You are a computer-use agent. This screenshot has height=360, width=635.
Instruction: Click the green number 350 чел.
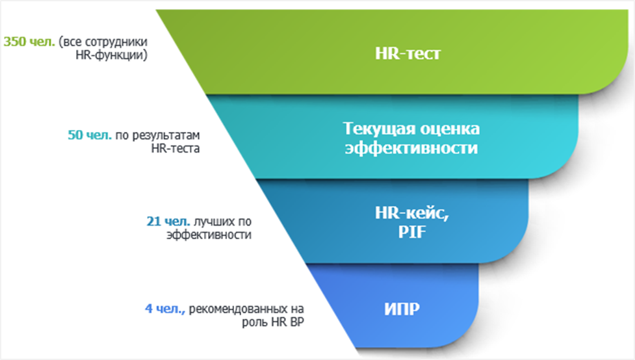(x=29, y=42)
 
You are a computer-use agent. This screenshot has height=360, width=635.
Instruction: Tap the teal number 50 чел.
(x=90, y=135)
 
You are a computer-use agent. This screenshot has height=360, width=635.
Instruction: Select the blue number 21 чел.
(x=168, y=222)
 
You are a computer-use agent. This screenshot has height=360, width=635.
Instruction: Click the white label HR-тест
(x=408, y=53)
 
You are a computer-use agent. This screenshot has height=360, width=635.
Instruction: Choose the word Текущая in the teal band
(x=380, y=129)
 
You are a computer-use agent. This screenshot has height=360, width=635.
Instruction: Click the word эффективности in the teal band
(x=411, y=148)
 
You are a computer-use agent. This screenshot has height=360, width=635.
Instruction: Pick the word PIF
(x=412, y=232)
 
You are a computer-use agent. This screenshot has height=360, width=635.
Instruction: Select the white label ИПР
(x=402, y=309)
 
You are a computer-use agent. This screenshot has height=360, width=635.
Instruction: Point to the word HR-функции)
(x=111, y=55)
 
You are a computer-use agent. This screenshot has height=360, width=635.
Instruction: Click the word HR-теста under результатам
(x=175, y=149)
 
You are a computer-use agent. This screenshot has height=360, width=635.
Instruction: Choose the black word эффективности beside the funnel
(x=209, y=235)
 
